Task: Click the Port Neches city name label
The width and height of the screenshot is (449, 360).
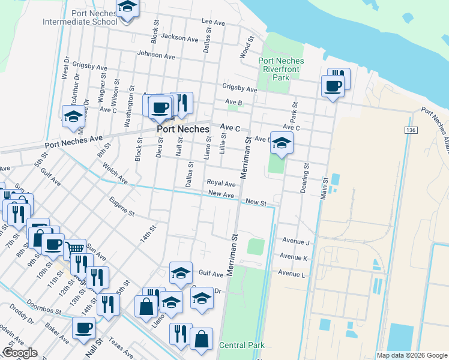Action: [183, 129]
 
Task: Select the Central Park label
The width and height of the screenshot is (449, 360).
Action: [242, 345]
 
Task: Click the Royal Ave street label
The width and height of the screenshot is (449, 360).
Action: [221, 183]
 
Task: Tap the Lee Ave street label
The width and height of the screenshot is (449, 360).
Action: [213, 22]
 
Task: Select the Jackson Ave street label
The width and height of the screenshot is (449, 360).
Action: [179, 38]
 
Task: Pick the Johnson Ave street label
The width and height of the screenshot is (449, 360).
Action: [156, 55]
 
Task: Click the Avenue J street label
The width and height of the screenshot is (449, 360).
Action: [294, 242]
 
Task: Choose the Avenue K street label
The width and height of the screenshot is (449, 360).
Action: [293, 258]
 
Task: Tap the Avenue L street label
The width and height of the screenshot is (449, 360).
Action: [291, 274]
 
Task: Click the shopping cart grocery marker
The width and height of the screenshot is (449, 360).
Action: [74, 248]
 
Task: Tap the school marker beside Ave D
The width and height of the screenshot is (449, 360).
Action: [282, 143]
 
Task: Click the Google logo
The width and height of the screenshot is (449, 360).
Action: [20, 353]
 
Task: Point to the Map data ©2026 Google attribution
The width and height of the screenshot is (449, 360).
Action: [412, 355]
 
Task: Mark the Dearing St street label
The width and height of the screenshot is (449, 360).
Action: [306, 175]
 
